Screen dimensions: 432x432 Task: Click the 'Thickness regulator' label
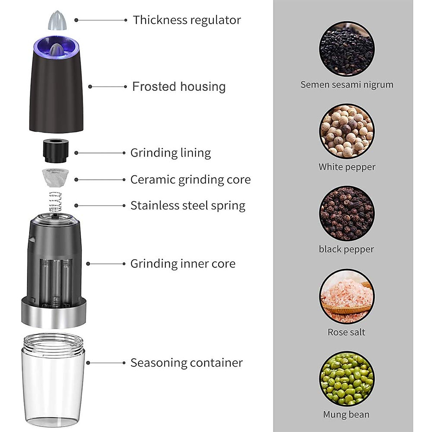tap(187, 20)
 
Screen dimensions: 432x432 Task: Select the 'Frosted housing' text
tap(179, 87)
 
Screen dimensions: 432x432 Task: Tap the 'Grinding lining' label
tap(171, 153)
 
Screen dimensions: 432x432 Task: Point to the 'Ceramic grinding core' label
tap(190, 180)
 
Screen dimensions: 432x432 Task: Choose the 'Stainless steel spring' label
tap(188, 206)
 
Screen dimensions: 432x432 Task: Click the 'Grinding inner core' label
tap(183, 264)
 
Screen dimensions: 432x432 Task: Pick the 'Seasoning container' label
tap(186, 363)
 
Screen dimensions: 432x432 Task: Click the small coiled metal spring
tap(55, 202)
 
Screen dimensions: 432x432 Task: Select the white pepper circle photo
tap(347, 132)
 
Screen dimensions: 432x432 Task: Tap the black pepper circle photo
tap(347, 214)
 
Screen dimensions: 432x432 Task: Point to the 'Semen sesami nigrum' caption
tap(347, 85)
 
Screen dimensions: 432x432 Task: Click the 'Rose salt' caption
tap(346, 332)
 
